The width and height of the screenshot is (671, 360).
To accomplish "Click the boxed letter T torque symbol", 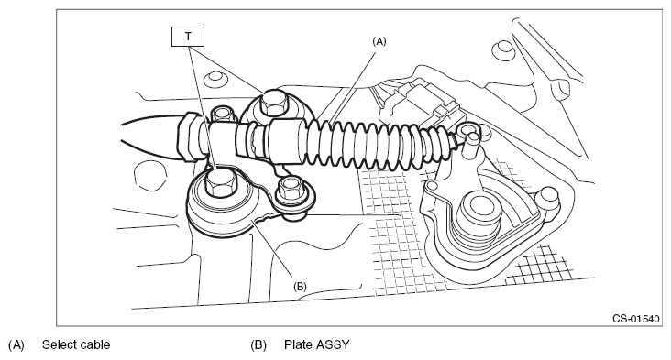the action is click(x=188, y=37).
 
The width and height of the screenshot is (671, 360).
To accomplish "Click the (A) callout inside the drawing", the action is click(x=379, y=41).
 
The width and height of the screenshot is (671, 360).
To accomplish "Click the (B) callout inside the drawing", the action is click(x=300, y=286).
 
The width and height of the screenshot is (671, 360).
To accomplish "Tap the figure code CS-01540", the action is click(x=636, y=319).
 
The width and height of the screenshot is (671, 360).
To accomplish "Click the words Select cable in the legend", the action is click(x=76, y=344).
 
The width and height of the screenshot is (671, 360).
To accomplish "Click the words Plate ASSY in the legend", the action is click(x=316, y=344).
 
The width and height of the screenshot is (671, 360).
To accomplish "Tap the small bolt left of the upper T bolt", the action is click(x=221, y=114).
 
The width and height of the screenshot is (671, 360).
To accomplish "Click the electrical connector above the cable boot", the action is click(x=422, y=104).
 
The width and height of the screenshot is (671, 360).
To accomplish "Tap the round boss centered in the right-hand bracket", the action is click(x=478, y=213).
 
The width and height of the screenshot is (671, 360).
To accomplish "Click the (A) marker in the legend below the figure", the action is click(x=16, y=344).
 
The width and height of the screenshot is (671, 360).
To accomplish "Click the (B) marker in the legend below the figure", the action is click(x=258, y=344).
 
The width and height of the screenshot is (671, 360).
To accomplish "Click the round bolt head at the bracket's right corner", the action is click(x=548, y=197).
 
